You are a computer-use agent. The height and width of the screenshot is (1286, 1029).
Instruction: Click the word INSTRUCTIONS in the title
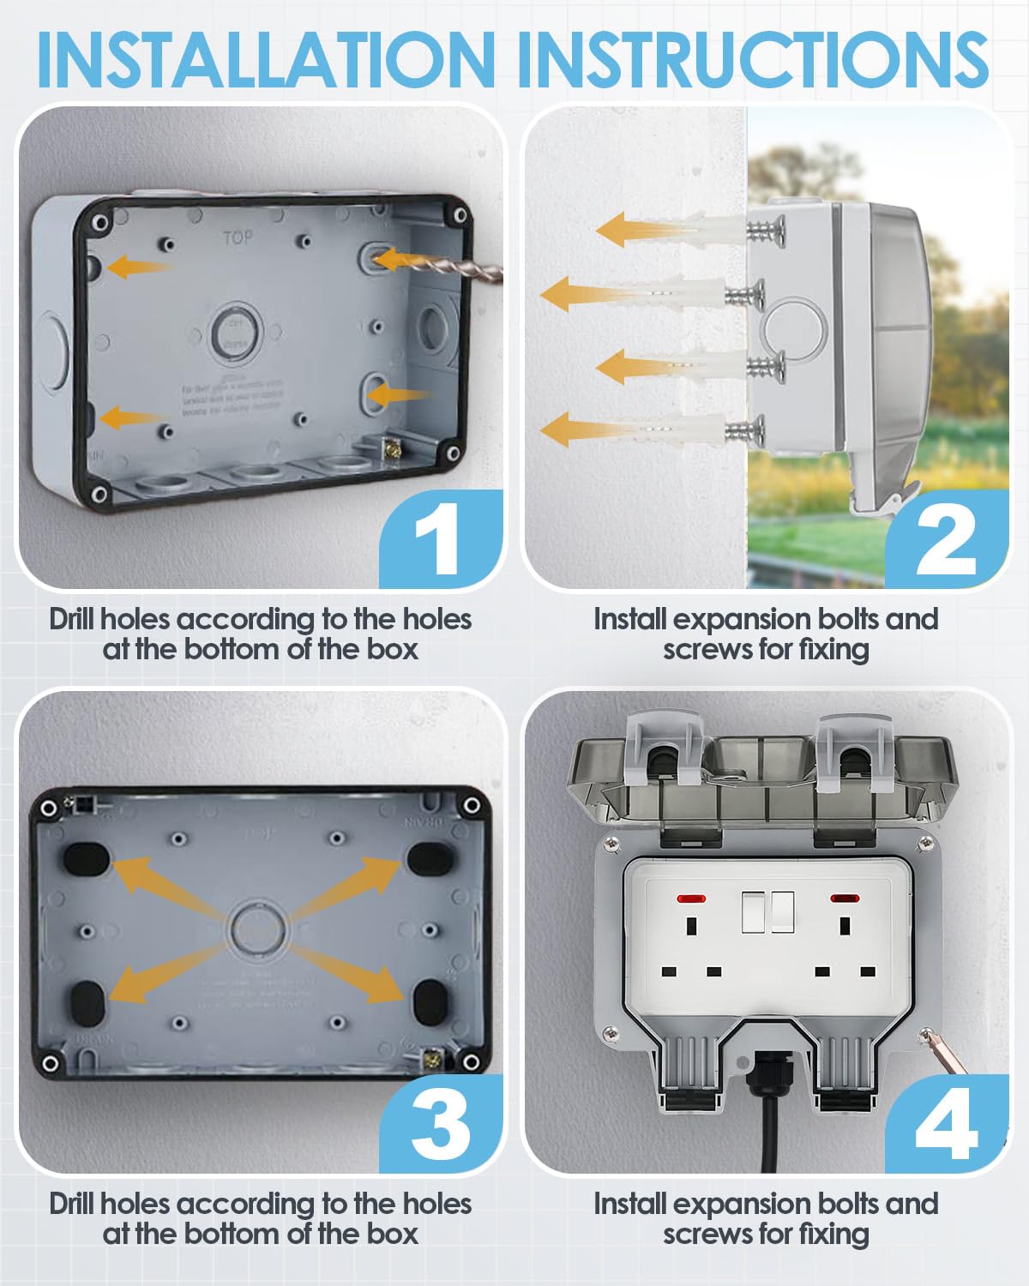(753, 58)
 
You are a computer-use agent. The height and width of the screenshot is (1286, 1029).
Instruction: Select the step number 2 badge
(945, 540)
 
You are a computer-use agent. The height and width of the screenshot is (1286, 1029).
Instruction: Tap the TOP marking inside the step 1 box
(238, 237)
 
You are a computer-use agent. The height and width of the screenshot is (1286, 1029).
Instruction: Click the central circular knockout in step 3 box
(256, 928)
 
